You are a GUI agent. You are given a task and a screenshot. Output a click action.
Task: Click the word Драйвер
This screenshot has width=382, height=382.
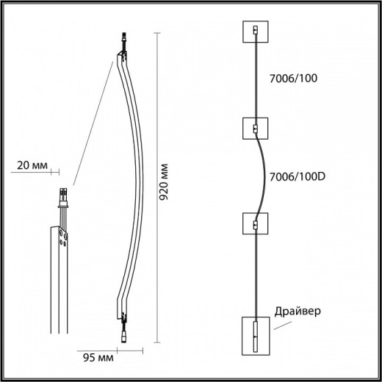297,311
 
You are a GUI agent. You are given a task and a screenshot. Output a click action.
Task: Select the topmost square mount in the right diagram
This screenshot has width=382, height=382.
256,34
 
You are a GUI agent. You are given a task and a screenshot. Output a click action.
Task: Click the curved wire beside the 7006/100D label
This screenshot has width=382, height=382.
262,176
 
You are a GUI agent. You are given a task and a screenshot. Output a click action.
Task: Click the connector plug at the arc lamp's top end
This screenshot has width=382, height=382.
122,42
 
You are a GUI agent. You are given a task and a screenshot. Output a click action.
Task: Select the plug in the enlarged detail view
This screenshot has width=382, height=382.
63,196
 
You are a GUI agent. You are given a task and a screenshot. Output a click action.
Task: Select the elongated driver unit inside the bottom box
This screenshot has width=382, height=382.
256,335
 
